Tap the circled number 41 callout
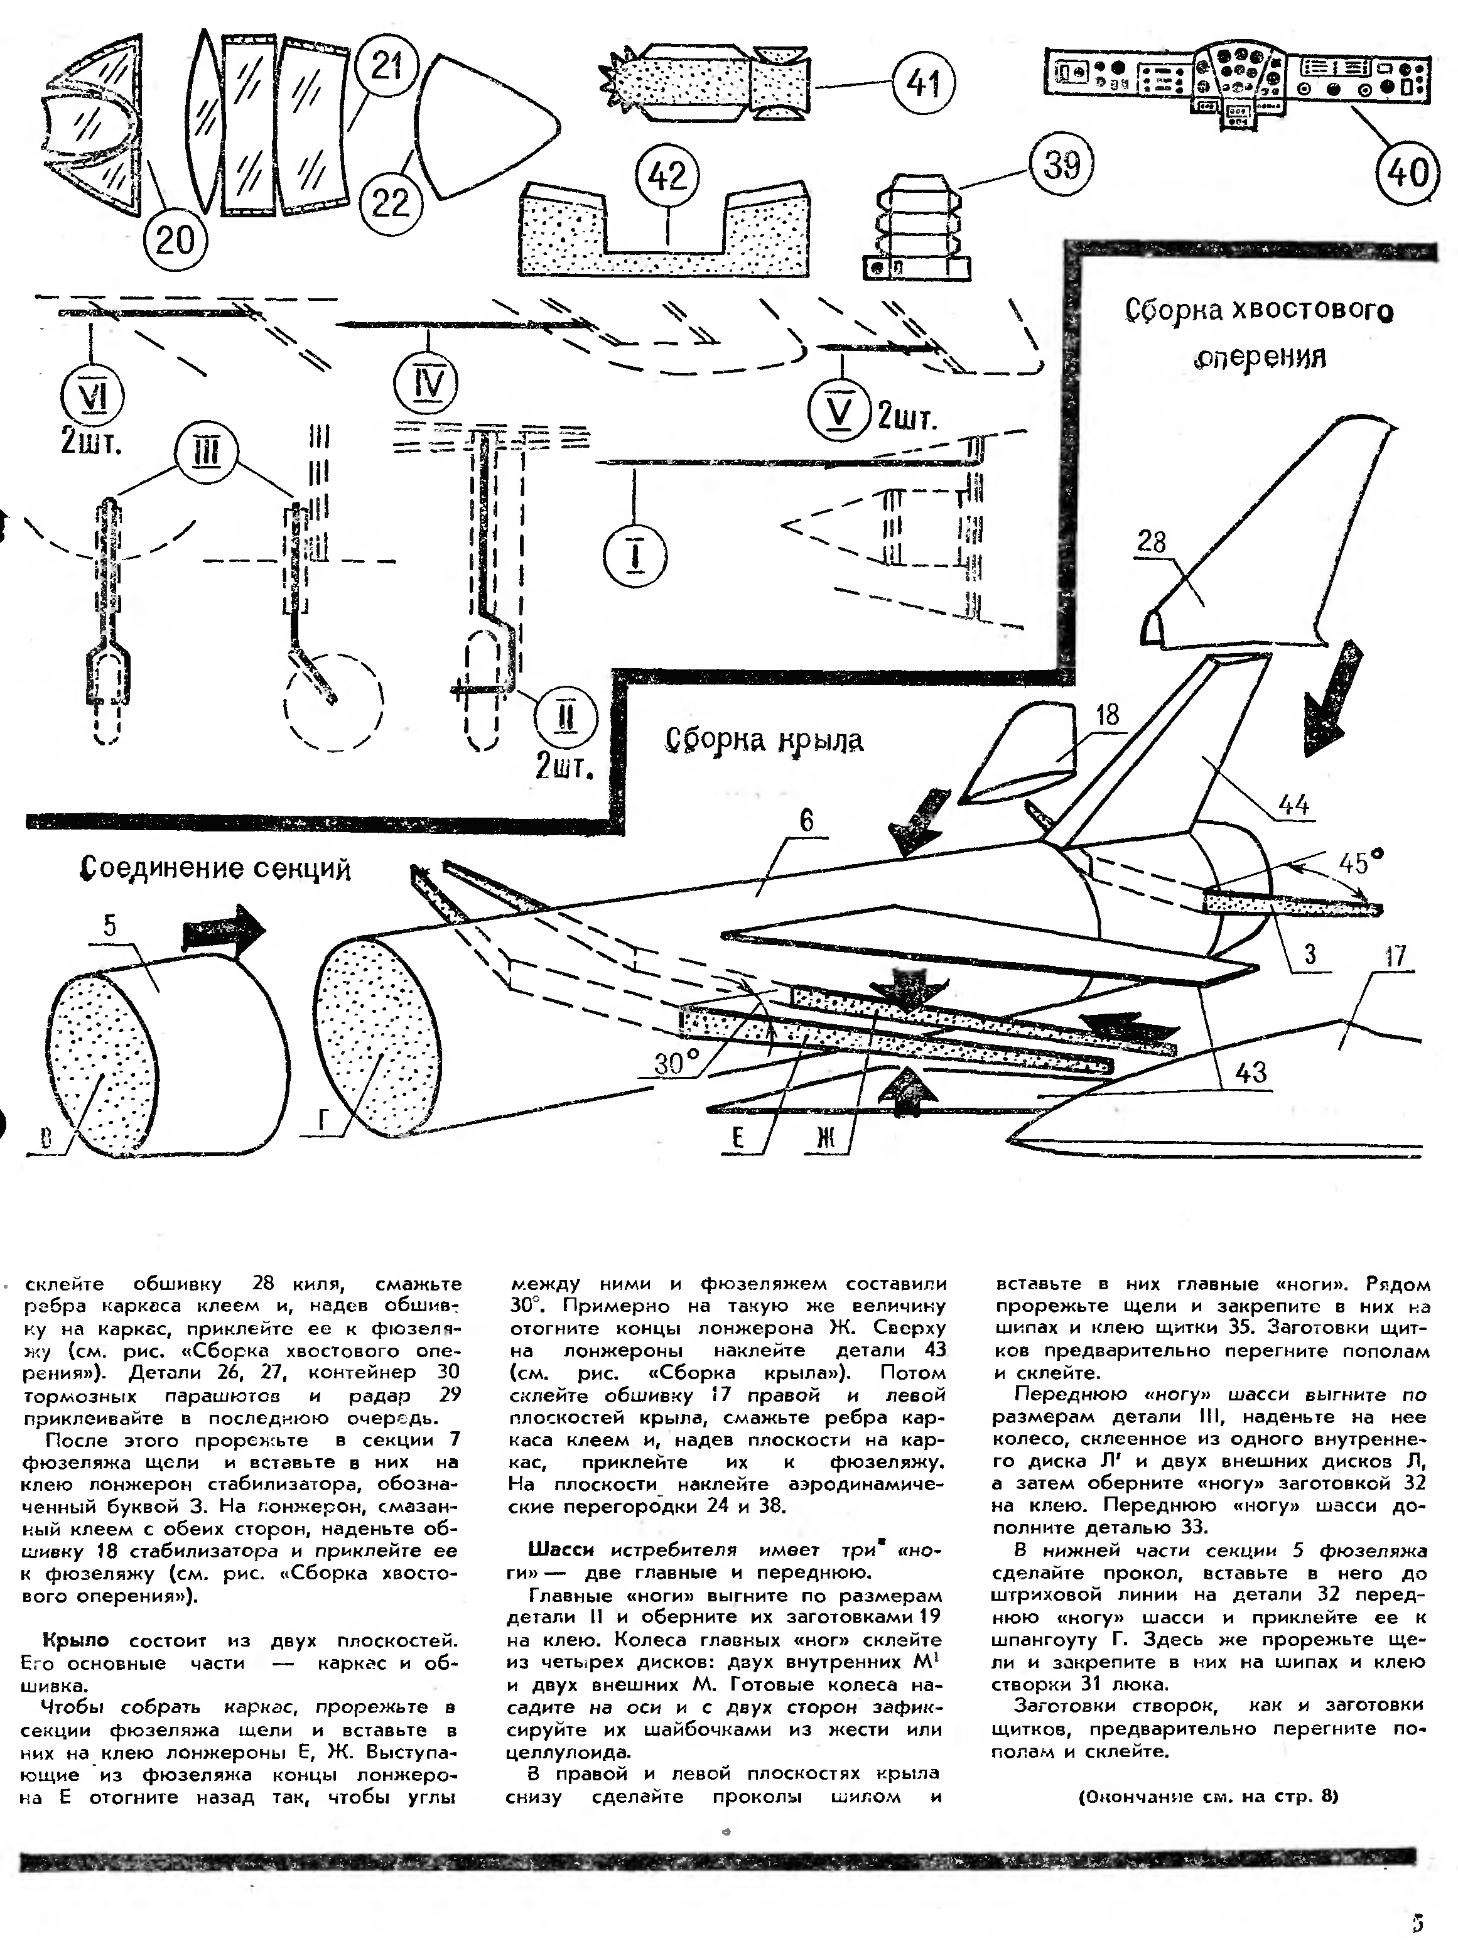pos(924,85)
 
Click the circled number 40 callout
pos(1407,170)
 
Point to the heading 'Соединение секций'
pos(216,868)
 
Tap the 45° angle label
pos(1359,863)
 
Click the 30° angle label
pos(678,1064)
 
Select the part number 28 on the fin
pos(1152,541)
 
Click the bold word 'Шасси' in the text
pos(561,1550)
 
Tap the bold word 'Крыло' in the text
pos(77,1640)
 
